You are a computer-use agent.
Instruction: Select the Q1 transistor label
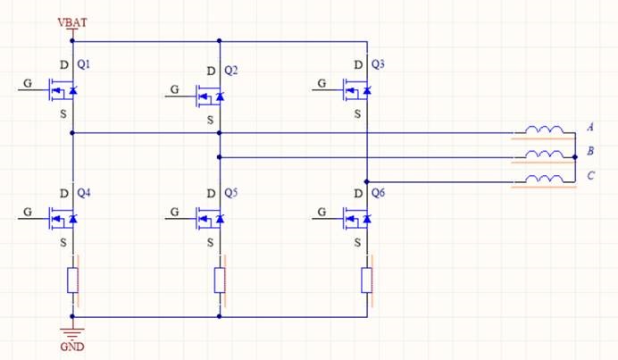tap(85, 65)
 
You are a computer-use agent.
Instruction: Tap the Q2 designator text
tap(232, 70)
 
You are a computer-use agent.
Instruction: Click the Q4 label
tap(85, 192)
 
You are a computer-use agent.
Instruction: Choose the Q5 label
tap(232, 192)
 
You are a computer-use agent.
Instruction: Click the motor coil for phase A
tap(544, 131)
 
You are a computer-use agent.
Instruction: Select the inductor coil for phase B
tap(544, 156)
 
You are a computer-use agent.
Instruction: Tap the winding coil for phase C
tap(544, 181)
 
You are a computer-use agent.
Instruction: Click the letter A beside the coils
tap(591, 128)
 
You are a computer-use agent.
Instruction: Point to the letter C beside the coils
tap(591, 175)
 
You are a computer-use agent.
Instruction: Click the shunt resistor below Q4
tap(72, 280)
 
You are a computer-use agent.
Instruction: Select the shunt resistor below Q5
tap(220, 280)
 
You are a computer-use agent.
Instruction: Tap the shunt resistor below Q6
tap(367, 280)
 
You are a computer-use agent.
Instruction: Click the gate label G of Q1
tap(26, 82)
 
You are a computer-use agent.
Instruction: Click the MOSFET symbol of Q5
tap(212, 217)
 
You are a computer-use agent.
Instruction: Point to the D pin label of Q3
tap(358, 65)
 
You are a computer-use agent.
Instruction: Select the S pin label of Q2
tap(211, 119)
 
